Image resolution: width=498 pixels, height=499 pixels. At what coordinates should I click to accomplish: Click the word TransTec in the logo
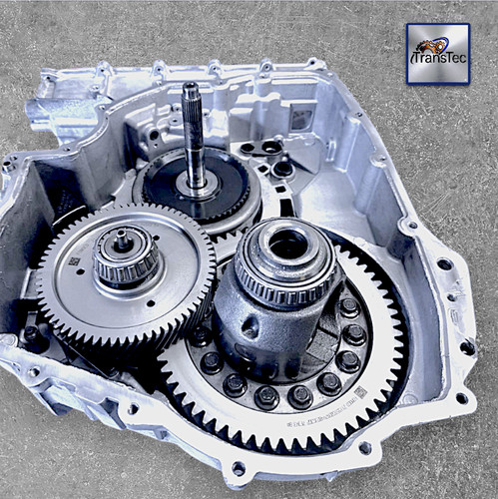438,58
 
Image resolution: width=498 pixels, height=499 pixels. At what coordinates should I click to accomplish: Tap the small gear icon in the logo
430,44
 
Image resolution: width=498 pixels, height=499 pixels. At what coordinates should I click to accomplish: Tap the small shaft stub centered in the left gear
122,240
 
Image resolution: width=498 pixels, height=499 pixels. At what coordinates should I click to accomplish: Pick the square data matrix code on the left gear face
73,261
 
